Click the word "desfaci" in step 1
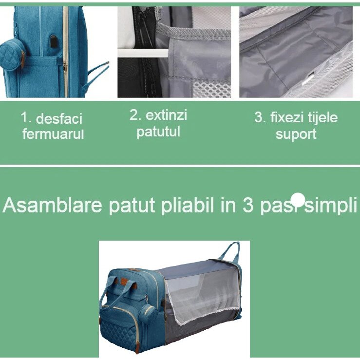[x=59, y=119]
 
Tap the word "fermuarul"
[x=53, y=134]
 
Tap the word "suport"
[x=296, y=134]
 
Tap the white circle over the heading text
[x=298, y=199]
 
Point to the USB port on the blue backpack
[x=52, y=41]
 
